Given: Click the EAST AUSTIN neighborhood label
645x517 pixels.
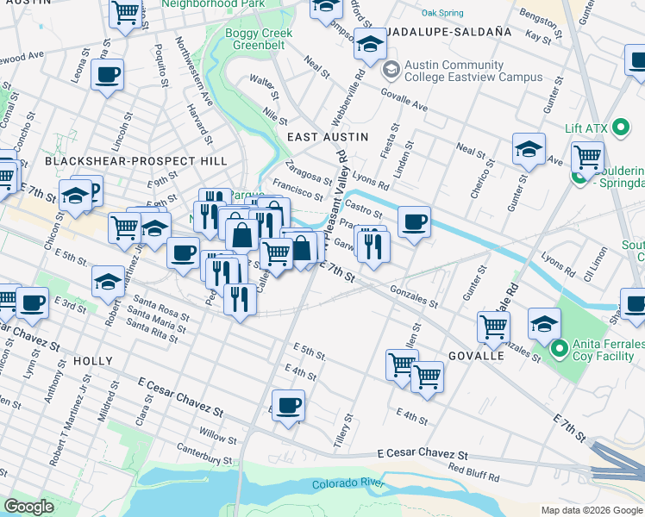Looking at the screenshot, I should pos(327,137).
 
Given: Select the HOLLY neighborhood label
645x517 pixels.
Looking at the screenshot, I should pos(93,360).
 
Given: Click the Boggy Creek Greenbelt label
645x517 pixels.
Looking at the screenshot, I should pos(247,40).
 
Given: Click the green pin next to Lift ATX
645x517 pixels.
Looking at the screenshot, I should pos(620,128).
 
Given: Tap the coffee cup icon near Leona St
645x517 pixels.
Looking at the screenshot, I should pos(107,75).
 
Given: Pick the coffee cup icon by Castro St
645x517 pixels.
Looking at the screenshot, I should pos(414,223).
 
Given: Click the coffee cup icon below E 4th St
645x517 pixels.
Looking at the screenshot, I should pos(289,403).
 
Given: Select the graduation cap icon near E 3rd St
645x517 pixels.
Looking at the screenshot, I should pos(108,282).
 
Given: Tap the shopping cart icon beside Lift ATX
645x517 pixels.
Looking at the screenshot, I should pos(587,158).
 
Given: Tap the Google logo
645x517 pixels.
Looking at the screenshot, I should pos(28,507).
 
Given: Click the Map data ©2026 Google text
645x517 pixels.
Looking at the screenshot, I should pos(591,510).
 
